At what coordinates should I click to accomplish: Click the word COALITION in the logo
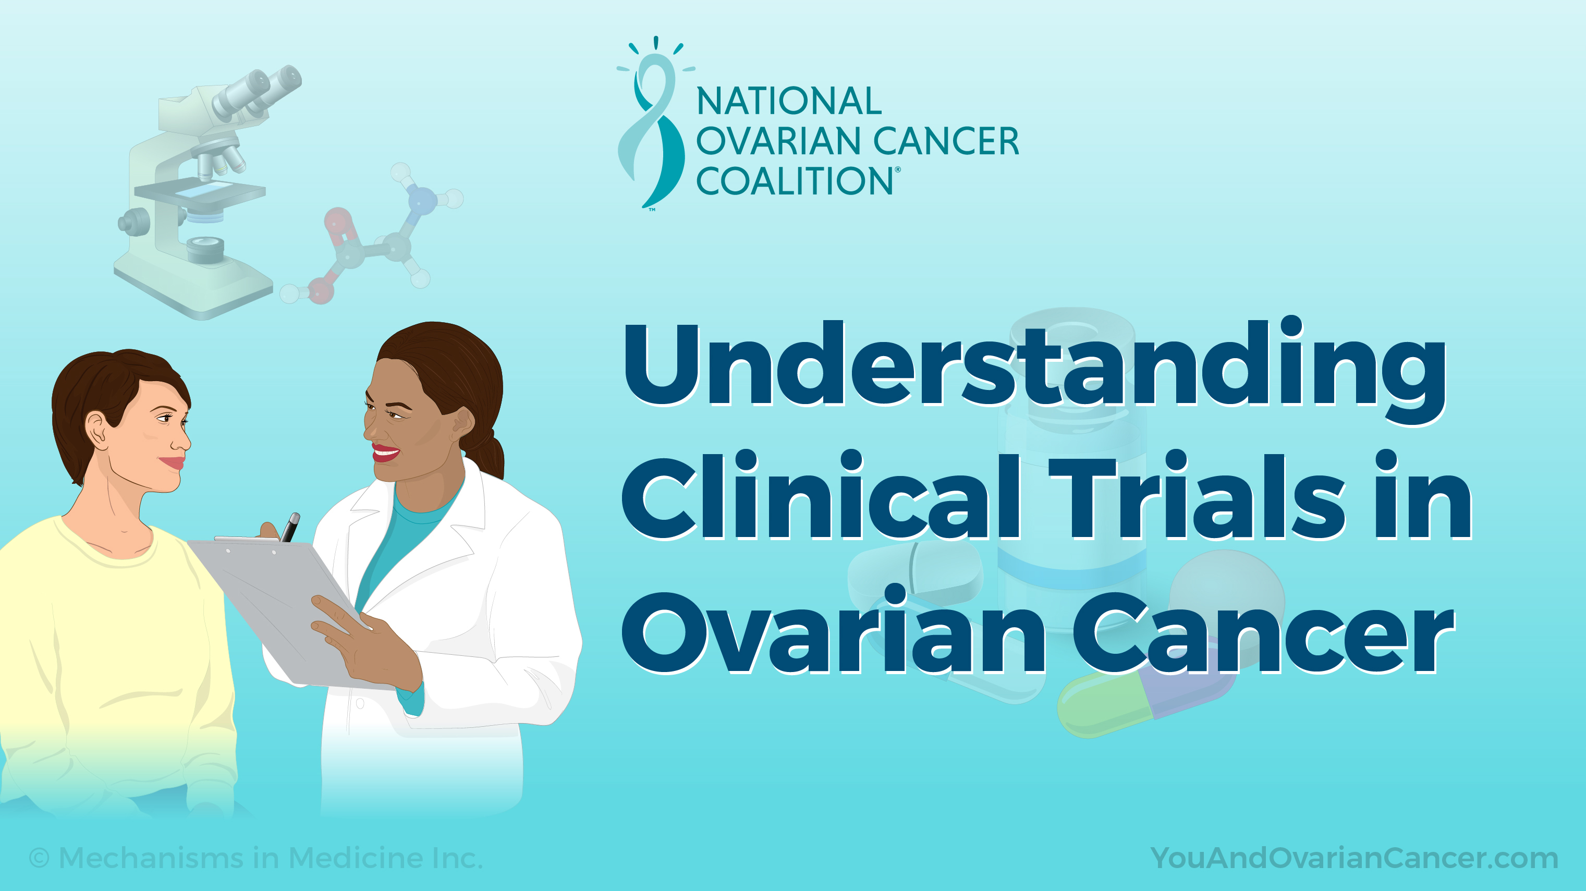[794, 181]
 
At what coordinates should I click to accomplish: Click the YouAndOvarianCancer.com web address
[1353, 858]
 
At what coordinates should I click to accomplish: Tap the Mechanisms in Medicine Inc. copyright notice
[256, 858]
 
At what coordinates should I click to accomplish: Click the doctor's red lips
[385, 453]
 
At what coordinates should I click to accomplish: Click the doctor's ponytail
[490, 453]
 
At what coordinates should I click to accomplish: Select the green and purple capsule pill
[1145, 702]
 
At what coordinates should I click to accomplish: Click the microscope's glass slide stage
[200, 191]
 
